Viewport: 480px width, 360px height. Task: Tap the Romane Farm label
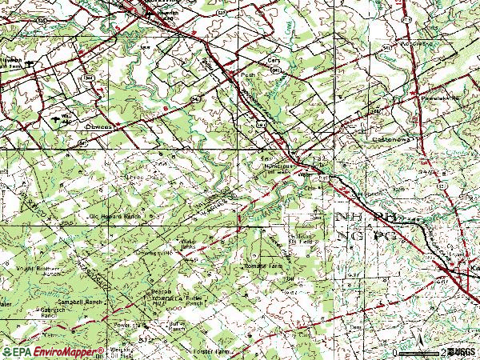coord(264,264)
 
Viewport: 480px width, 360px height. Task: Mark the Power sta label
coord(126,326)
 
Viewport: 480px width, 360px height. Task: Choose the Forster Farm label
coord(233,351)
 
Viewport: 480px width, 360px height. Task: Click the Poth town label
coord(247,75)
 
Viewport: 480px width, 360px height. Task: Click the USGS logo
coord(461,352)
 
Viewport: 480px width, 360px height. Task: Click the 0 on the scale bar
coord(394,352)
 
